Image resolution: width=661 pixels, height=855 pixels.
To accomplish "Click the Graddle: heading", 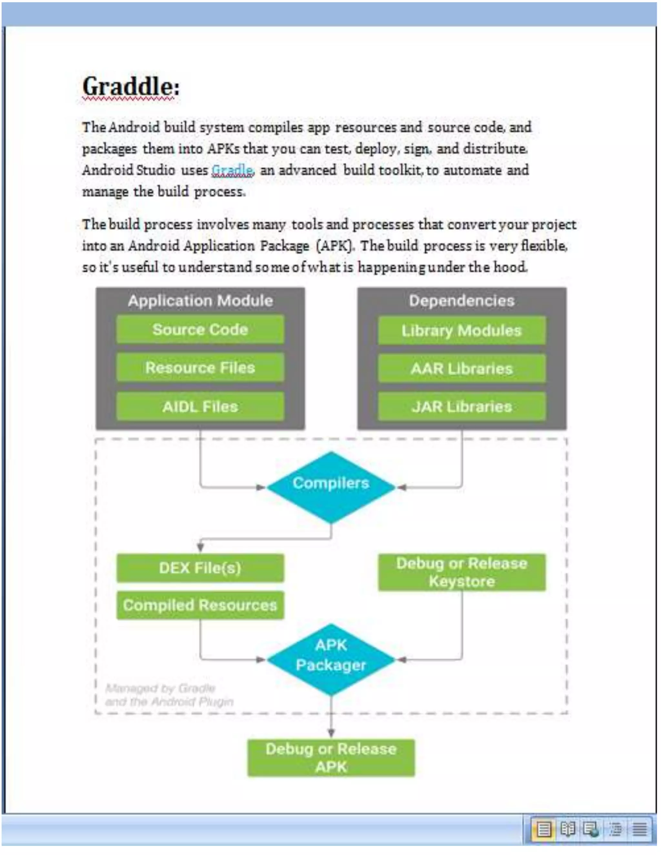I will [x=131, y=86].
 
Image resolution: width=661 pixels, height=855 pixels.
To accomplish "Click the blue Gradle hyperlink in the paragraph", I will [x=232, y=170].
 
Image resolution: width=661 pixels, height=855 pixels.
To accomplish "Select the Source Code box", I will [x=200, y=330].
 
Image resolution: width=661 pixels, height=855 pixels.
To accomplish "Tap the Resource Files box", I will [x=200, y=367].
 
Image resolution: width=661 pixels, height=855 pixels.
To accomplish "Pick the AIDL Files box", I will [x=200, y=406].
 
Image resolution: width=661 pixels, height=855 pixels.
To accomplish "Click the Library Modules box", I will [x=462, y=331].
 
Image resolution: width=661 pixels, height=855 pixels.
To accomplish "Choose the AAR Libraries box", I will [x=462, y=368].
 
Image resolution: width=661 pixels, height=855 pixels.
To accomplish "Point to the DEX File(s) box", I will [x=200, y=568].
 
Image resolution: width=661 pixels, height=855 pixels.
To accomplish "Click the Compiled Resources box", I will [x=200, y=605].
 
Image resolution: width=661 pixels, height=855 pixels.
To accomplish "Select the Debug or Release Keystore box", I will [x=462, y=572].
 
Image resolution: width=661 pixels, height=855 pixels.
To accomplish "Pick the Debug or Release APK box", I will [x=331, y=758].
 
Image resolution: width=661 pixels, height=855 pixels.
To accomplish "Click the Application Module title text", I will [x=200, y=301].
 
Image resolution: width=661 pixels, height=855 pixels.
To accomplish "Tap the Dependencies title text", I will [x=462, y=301].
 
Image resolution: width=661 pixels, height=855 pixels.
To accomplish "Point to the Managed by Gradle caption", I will [x=169, y=695].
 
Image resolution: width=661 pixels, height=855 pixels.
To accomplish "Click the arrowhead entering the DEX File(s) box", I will [x=200, y=547].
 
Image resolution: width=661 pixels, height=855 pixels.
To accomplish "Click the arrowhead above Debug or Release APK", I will [x=331, y=732].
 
